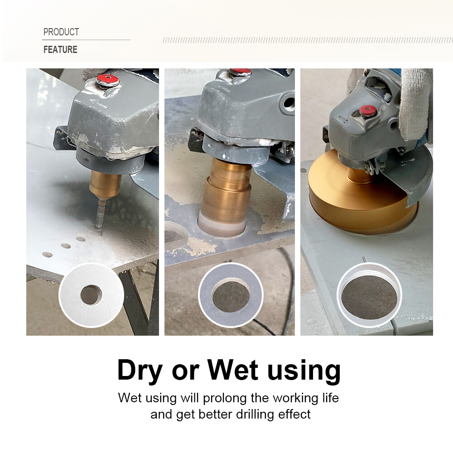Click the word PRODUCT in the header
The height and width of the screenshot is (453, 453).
click(61, 32)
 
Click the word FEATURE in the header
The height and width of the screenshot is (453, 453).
click(60, 49)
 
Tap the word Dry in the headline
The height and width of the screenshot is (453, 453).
click(139, 370)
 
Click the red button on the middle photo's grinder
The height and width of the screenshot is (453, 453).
click(240, 72)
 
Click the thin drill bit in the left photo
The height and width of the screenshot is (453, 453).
click(99, 217)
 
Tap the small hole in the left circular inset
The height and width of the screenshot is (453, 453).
click(91, 295)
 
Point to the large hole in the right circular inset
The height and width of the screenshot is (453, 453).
click(369, 296)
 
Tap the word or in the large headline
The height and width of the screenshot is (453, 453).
click(185, 370)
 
